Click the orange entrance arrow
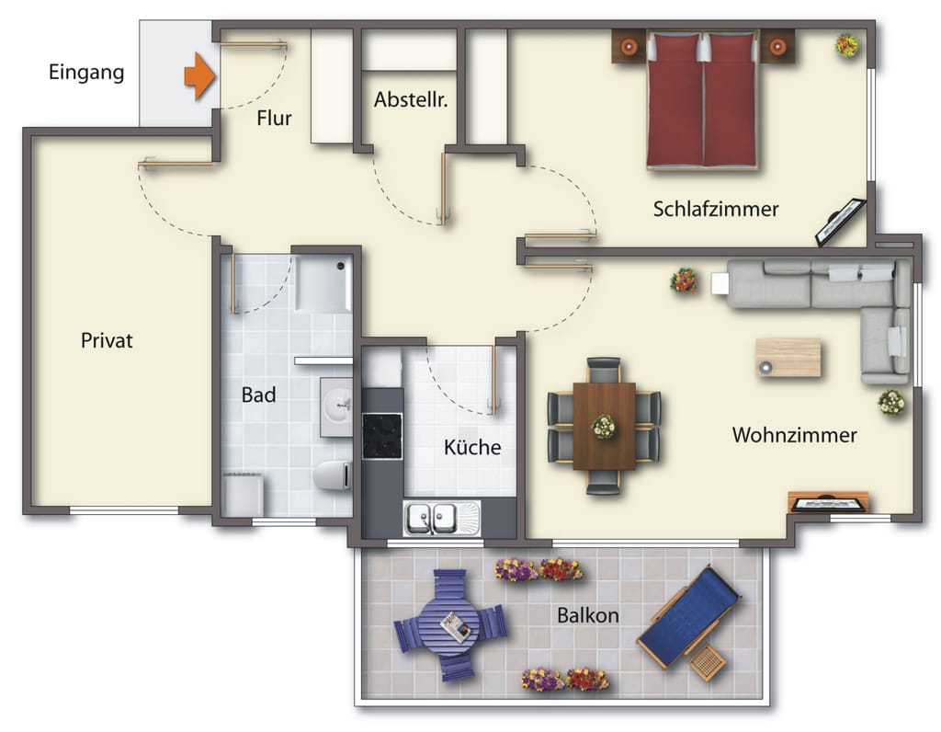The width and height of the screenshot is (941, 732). pyautogui.click(x=199, y=76)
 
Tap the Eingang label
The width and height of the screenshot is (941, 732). pyautogui.click(x=86, y=73)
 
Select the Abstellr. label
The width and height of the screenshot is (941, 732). pyautogui.click(x=411, y=99)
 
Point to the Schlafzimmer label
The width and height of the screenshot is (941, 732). pyautogui.click(x=716, y=209)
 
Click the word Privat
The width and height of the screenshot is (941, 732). pyautogui.click(x=107, y=340)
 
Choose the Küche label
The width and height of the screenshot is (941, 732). pyautogui.click(x=472, y=447)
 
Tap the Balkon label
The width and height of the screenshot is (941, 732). pyautogui.click(x=587, y=615)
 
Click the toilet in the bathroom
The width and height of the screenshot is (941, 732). pyautogui.click(x=333, y=475)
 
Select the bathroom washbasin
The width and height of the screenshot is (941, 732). pyautogui.click(x=336, y=406)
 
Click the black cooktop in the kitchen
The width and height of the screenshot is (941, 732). pyautogui.click(x=382, y=436)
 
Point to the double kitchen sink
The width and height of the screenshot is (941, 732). pyautogui.click(x=442, y=519)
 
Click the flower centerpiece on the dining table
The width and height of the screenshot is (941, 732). pyautogui.click(x=603, y=427)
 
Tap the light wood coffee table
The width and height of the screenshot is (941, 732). pyautogui.click(x=788, y=358)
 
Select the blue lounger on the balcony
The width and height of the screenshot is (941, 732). pyautogui.click(x=688, y=617)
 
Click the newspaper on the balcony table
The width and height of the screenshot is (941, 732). pyautogui.click(x=457, y=626)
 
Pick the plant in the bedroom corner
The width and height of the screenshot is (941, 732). pyautogui.click(x=847, y=44)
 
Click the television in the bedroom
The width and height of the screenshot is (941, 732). pyautogui.click(x=840, y=223)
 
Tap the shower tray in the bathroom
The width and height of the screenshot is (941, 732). pyautogui.click(x=323, y=284)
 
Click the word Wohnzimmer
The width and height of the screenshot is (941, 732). pyautogui.click(x=795, y=435)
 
